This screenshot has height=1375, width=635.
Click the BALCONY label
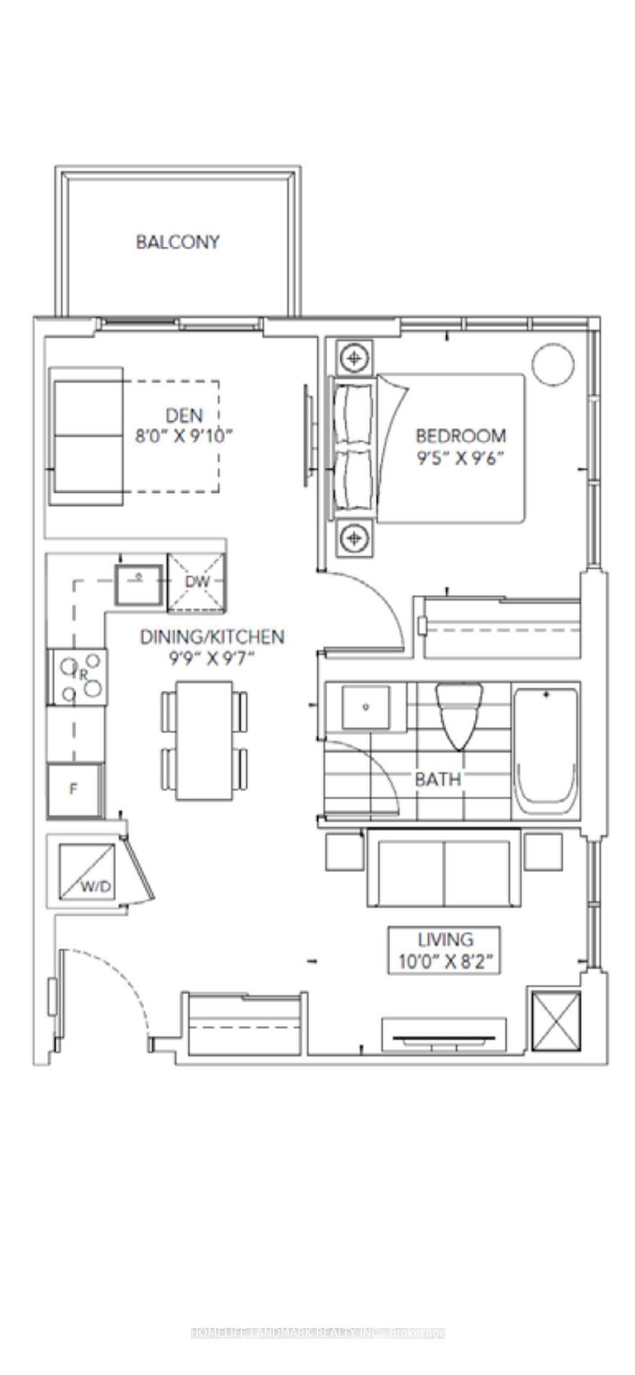pyautogui.click(x=177, y=242)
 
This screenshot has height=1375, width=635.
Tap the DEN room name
pyautogui.click(x=185, y=415)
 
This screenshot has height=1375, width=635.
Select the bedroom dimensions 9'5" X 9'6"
pyautogui.click(x=460, y=457)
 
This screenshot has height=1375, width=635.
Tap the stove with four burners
pyautogui.click(x=77, y=677)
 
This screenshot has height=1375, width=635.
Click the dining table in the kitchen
pyautogui.click(x=204, y=740)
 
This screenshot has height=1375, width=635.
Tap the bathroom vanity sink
pyautogui.click(x=366, y=706)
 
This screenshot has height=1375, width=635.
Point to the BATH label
pyautogui.click(x=437, y=779)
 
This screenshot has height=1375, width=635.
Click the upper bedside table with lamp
pyautogui.click(x=353, y=357)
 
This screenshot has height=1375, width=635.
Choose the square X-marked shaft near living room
pyautogui.click(x=556, y=1020)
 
